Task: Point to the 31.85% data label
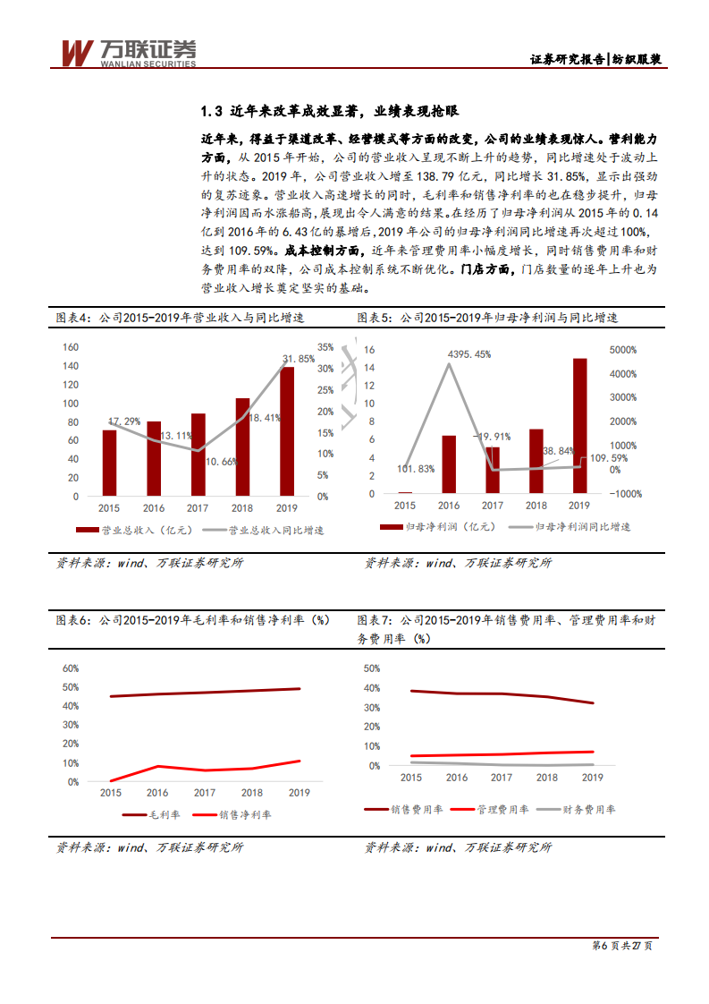pos(299,359)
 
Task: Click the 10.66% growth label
pos(223,462)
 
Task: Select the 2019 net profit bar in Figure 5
pos(579,426)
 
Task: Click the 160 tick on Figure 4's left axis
pos(70,347)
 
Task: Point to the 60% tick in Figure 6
pos(70,668)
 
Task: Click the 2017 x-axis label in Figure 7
pos(502,778)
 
